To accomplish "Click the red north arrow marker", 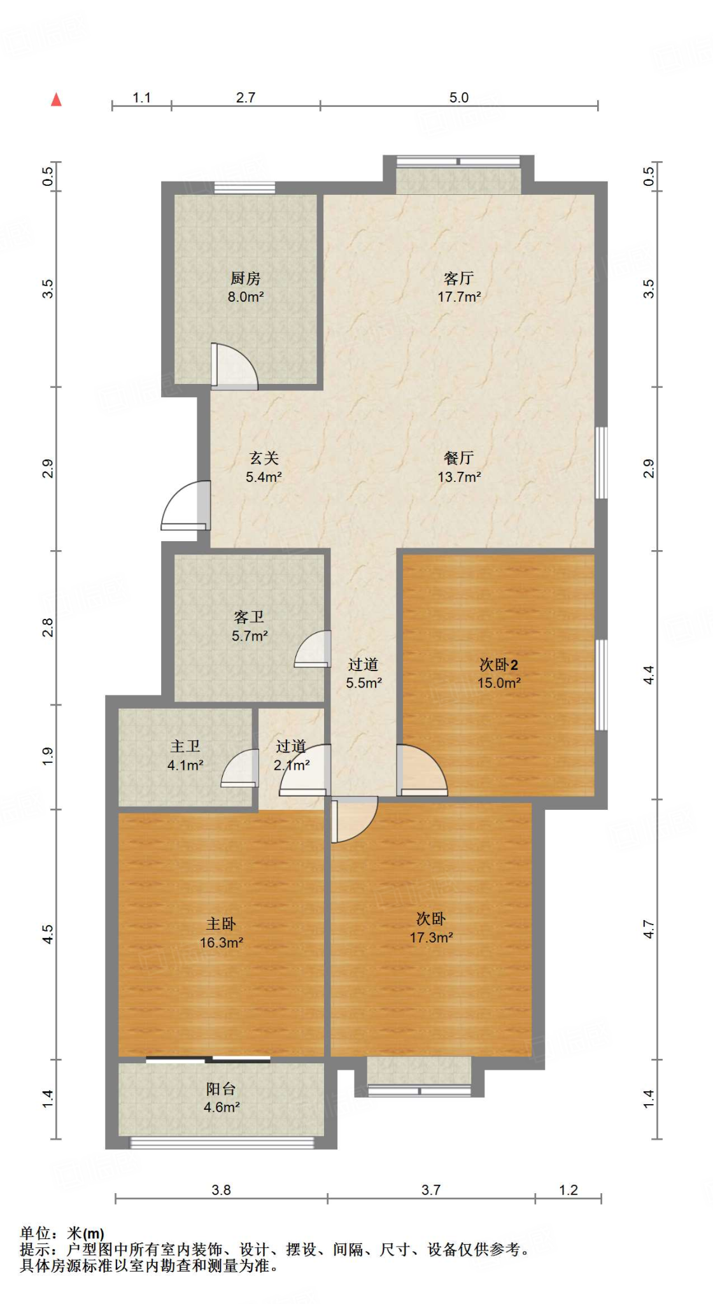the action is [57, 99].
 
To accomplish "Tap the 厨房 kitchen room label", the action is [246, 278].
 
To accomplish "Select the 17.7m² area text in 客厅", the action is [459, 297].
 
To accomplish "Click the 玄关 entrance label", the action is [264, 458].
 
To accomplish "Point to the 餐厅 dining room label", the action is [459, 458].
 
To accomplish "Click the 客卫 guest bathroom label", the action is [249, 617].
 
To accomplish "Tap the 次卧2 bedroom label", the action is [499, 665].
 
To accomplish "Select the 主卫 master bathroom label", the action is [185, 746].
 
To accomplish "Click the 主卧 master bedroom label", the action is [221, 923].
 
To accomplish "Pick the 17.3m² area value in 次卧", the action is [432, 937].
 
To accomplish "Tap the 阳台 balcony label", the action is [221, 1089].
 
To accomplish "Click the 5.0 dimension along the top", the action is [459, 97].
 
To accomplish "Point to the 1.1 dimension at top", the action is [141, 97].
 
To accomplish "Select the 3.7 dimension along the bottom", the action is [431, 1190].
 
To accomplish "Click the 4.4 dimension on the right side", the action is [648, 674].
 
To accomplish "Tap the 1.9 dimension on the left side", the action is [48, 756].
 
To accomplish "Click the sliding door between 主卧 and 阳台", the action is [208, 1059].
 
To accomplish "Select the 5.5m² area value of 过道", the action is [364, 683].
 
